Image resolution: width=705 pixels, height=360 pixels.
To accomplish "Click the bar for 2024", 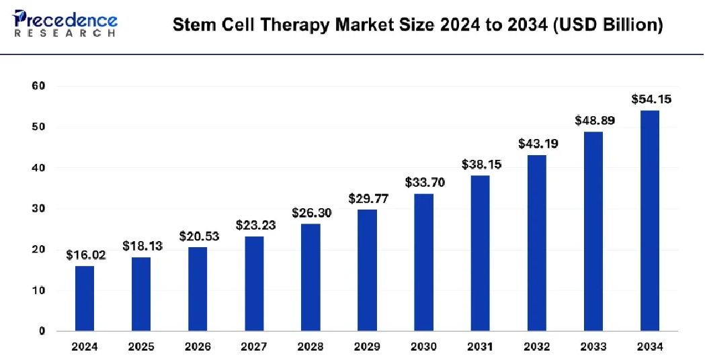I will click(85, 298).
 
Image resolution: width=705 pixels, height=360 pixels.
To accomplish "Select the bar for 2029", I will click(367, 270).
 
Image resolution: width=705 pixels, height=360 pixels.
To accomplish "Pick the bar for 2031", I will click(480, 253).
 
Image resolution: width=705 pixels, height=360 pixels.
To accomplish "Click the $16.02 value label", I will click(85, 255).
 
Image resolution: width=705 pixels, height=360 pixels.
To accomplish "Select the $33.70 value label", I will click(424, 182).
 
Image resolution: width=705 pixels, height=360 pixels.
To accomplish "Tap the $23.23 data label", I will click(255, 225).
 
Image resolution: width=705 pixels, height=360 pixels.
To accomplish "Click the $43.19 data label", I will click(537, 143).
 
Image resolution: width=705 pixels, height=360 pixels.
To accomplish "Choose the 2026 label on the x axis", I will click(198, 347).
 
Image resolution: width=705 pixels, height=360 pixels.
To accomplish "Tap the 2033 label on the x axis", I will click(593, 347).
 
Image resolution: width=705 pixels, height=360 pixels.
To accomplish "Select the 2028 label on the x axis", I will click(310, 347).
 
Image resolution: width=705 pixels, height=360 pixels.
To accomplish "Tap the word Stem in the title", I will click(189, 26).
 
